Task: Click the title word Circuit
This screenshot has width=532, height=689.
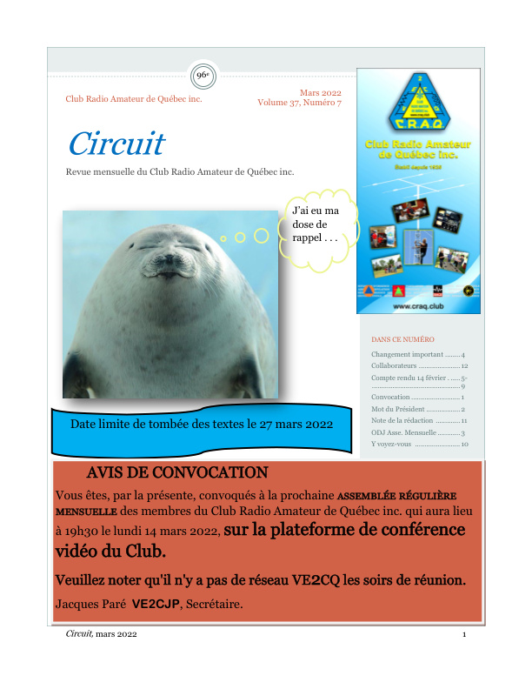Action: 116,144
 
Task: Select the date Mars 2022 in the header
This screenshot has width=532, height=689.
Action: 321,93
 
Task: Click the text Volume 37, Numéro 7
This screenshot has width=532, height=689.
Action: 299,104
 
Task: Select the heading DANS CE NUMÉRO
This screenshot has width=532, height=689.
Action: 402,339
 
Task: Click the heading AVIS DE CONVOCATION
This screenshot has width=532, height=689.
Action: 177,473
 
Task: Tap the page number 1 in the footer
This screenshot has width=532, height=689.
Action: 465,636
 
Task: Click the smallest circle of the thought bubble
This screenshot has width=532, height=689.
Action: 223,238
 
